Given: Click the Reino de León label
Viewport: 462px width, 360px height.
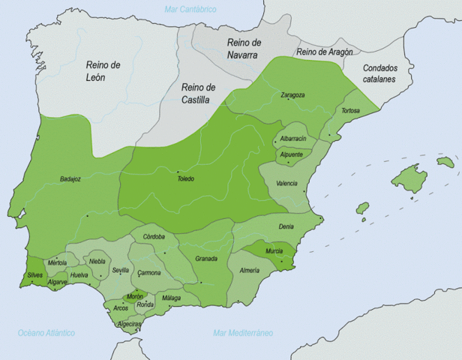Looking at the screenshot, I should click(x=103, y=71).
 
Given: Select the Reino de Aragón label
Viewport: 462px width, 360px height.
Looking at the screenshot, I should click(x=324, y=52).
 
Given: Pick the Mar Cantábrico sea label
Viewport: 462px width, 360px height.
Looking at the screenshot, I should click(x=190, y=9).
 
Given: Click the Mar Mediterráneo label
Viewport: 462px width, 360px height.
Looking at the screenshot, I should click(x=243, y=332).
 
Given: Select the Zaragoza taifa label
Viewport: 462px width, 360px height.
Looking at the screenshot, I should click(x=292, y=95).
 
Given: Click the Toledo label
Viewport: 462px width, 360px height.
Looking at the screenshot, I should click(x=185, y=178).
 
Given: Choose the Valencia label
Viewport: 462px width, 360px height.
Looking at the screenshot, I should click(x=286, y=183).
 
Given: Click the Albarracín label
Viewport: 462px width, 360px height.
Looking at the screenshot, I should click(x=292, y=139).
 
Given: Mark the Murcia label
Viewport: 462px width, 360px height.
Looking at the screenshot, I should click(x=274, y=250).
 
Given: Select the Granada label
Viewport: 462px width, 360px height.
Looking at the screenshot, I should click(x=205, y=259).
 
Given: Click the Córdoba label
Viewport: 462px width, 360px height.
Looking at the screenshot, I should click(x=154, y=237).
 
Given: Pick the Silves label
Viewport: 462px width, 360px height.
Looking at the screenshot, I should click(x=35, y=275).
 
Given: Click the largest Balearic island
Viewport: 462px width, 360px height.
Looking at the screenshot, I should click(x=409, y=178).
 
